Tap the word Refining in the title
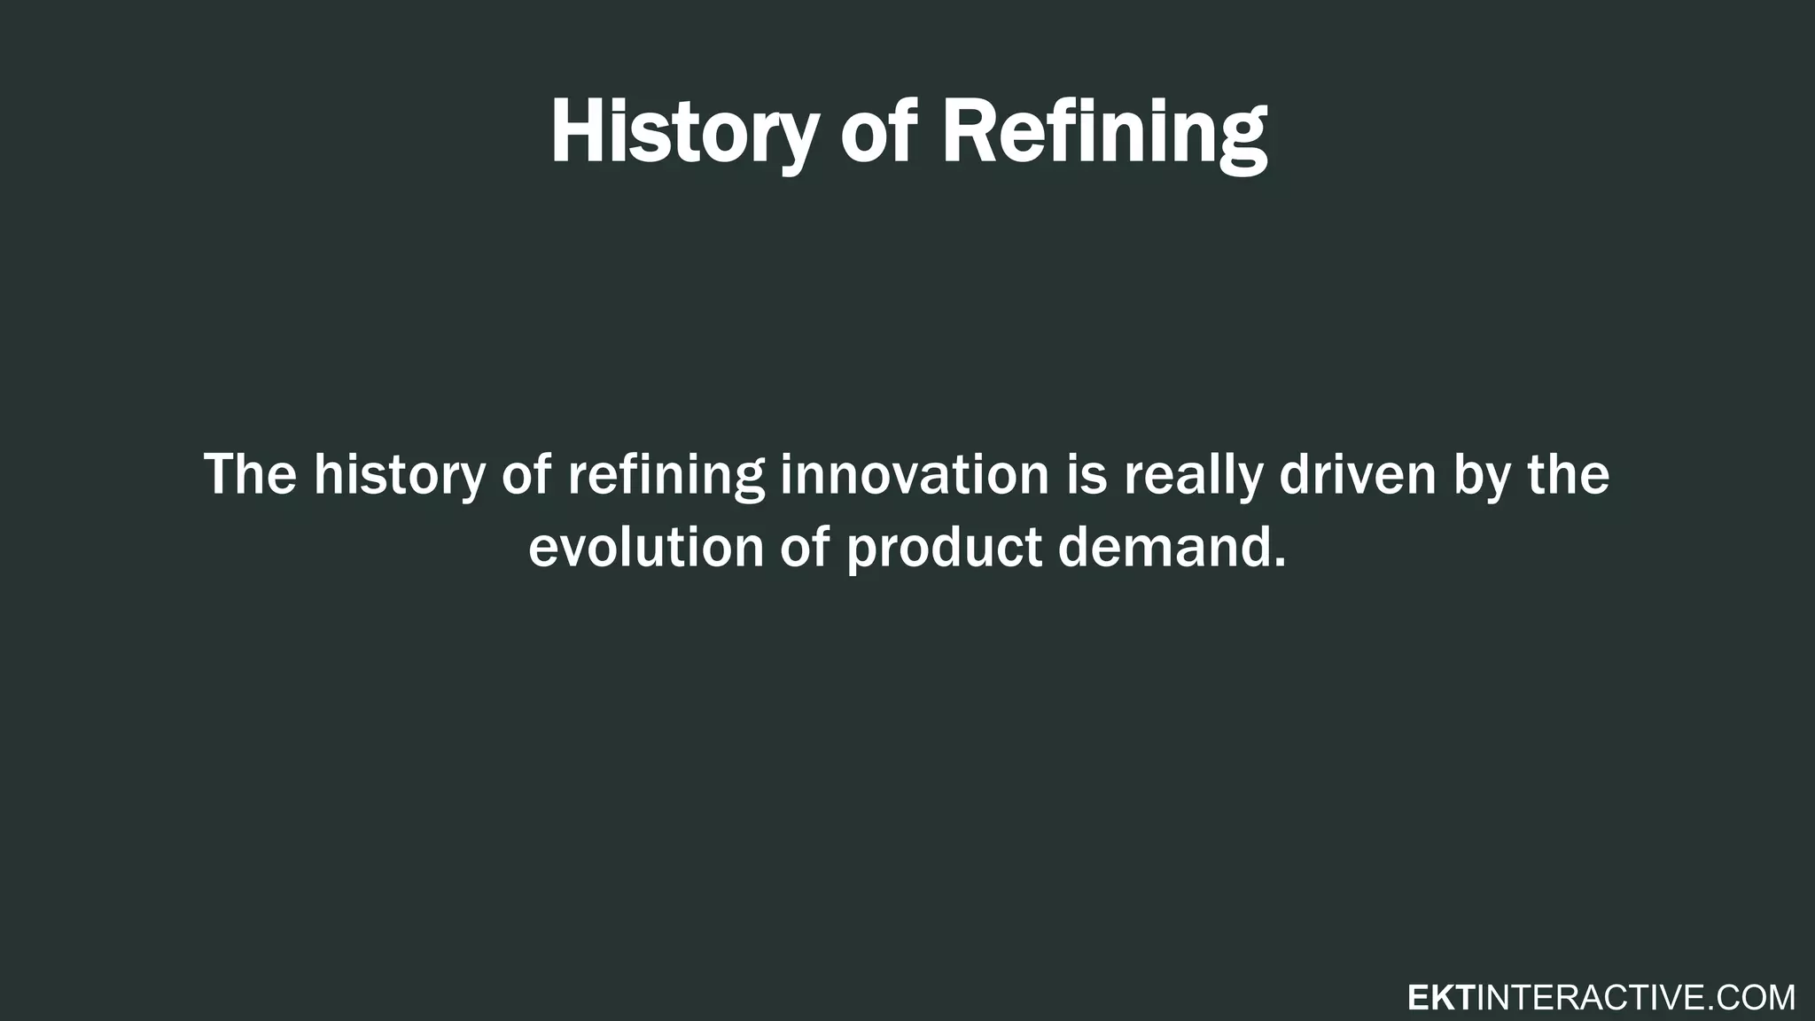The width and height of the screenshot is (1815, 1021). (1103, 133)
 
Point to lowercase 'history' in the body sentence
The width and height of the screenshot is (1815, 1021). (399, 474)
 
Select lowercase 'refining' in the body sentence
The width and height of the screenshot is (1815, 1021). (666, 474)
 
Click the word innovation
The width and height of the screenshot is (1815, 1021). (914, 474)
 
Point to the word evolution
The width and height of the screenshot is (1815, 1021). (646, 547)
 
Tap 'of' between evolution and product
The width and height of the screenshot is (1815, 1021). (805, 547)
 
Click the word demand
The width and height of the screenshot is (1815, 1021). (1162, 547)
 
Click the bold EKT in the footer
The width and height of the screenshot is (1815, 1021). (1441, 998)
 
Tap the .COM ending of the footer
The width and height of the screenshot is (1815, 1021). (1750, 998)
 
